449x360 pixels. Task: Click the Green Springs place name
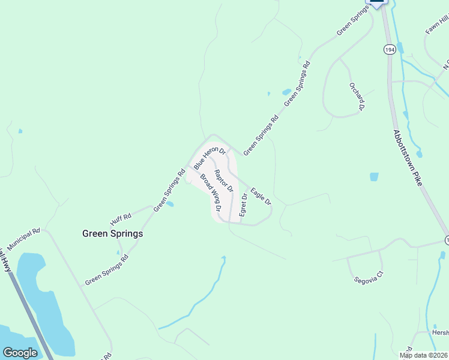coord(112,233)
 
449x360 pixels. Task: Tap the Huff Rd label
coord(120,217)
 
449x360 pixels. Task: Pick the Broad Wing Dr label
coord(211,193)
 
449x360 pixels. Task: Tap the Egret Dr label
coord(243,205)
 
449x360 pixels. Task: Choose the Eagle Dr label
coord(261,196)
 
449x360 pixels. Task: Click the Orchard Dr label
coord(357,97)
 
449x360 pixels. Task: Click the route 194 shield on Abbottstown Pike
coord(390,50)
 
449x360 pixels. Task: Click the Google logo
coord(20,353)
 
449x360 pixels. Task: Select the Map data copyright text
coord(424,355)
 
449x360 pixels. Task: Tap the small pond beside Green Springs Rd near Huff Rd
coord(169,204)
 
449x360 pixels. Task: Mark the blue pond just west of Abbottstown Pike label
coord(375,177)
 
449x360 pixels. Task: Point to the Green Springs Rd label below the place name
coord(107,270)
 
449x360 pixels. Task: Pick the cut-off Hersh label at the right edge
coord(440,332)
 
